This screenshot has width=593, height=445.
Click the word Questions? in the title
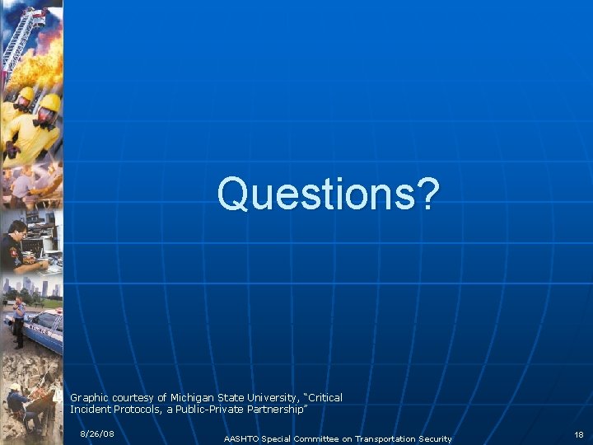pos(328,194)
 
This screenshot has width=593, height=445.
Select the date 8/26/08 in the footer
pos(97,433)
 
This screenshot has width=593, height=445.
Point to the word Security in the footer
pos(432,438)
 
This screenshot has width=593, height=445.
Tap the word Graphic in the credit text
pos(89,397)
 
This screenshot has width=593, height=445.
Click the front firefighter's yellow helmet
pos(49,103)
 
